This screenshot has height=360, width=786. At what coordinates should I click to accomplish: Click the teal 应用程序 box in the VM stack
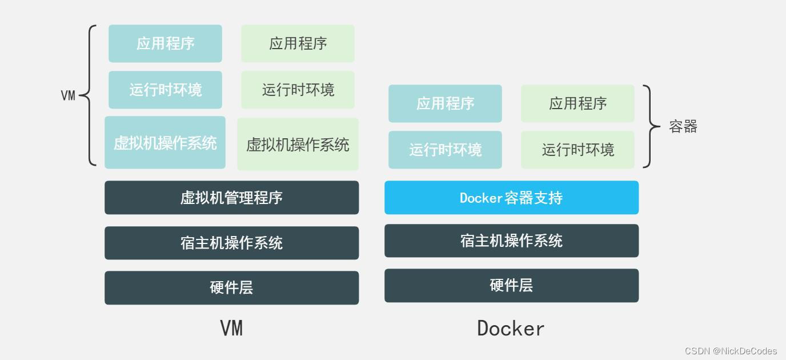pos(165,43)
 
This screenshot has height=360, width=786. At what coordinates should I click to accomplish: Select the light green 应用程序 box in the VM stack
pos(298,43)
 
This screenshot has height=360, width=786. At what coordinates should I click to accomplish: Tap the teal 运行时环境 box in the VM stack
pos(165,90)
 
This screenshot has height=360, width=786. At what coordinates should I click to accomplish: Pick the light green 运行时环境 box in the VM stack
pos(298,90)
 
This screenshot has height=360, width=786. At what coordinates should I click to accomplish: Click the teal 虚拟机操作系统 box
pos(165,143)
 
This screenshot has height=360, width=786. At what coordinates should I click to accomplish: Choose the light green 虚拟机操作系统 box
pos(298,144)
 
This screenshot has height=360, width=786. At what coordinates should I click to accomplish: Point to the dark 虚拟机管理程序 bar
pos(231,198)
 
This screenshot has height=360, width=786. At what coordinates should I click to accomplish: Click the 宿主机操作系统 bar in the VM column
pos(231,243)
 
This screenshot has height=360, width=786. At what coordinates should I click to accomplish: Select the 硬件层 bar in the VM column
pos(231,287)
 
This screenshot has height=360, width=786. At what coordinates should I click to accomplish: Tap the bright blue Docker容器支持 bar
pos(511,198)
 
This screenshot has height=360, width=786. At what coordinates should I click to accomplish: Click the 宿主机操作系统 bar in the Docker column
pos(511,241)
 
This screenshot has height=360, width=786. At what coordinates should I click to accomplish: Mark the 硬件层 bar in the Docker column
pos(511,285)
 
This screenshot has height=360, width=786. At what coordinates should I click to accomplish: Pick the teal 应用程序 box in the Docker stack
pos(445,103)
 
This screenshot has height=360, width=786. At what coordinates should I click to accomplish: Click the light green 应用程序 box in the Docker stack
pos(578,103)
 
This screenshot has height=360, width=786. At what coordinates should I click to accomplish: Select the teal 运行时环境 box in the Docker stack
pos(445,150)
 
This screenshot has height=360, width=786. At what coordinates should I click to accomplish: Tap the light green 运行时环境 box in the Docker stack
pos(578,150)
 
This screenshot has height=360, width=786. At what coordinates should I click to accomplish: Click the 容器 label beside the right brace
pos(683,126)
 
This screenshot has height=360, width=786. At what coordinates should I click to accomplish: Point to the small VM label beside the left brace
pos(68,95)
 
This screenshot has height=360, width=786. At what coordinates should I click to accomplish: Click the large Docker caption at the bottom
pos(511,329)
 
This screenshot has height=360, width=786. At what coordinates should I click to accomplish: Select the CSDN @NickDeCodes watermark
pos(731,351)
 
